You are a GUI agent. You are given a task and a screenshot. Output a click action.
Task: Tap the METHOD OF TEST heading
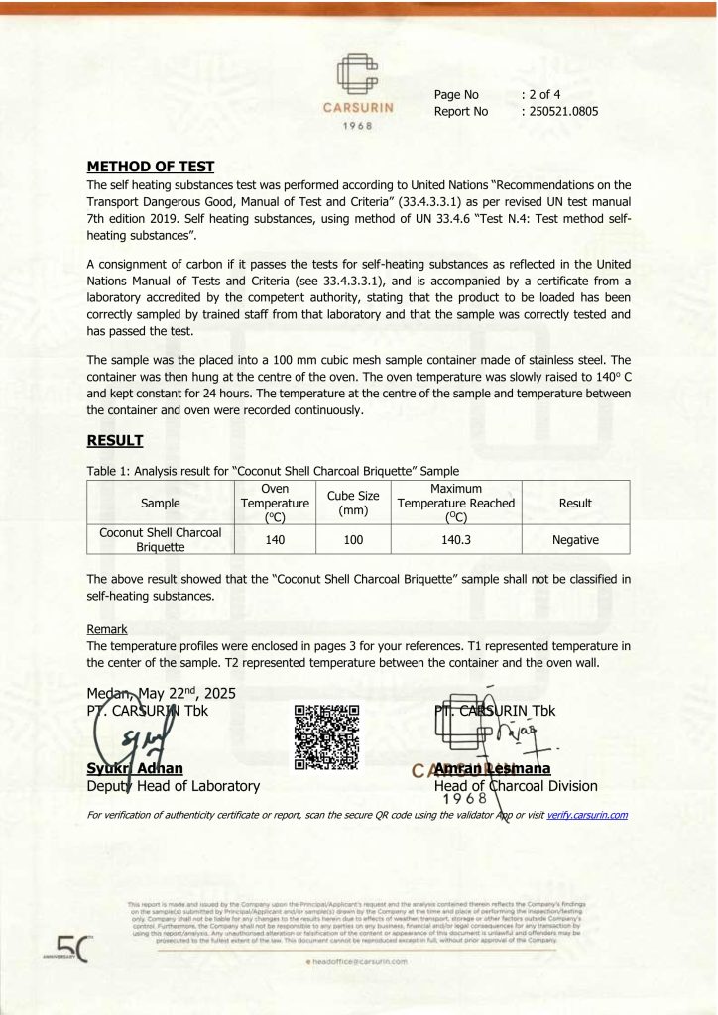pyautogui.click(x=151, y=167)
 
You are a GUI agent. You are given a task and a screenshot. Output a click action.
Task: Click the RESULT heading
pyautogui.click(x=115, y=440)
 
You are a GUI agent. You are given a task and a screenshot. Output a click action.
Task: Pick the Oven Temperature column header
pyautogui.click(x=275, y=503)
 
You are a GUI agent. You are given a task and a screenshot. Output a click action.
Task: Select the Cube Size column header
pyautogui.click(x=353, y=503)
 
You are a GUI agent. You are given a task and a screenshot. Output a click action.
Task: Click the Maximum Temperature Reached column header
pyautogui.click(x=456, y=503)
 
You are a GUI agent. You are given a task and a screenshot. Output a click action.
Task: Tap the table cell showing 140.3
pyautogui.click(x=456, y=541)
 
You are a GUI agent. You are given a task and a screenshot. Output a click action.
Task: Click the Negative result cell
pyautogui.click(x=575, y=541)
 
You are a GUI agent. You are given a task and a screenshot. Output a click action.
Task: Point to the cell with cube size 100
pyautogui.click(x=353, y=541)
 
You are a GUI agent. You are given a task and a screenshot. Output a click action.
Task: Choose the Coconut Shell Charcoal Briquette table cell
pyautogui.click(x=161, y=540)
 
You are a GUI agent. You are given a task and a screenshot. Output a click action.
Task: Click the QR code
pyautogui.click(x=326, y=738)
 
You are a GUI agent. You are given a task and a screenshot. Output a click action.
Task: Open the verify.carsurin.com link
pyautogui.click(x=587, y=815)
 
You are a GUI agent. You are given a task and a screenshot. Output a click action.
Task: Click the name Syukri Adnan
pyautogui.click(x=135, y=768)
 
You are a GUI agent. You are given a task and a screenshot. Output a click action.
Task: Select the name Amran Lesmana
pyautogui.click(x=492, y=768)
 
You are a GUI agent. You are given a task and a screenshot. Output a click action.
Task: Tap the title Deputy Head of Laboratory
pyautogui.click(x=174, y=786)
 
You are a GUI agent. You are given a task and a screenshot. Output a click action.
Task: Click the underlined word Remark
pyautogui.click(x=107, y=629)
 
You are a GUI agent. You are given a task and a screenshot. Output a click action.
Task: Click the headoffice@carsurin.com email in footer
pyautogui.click(x=361, y=961)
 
